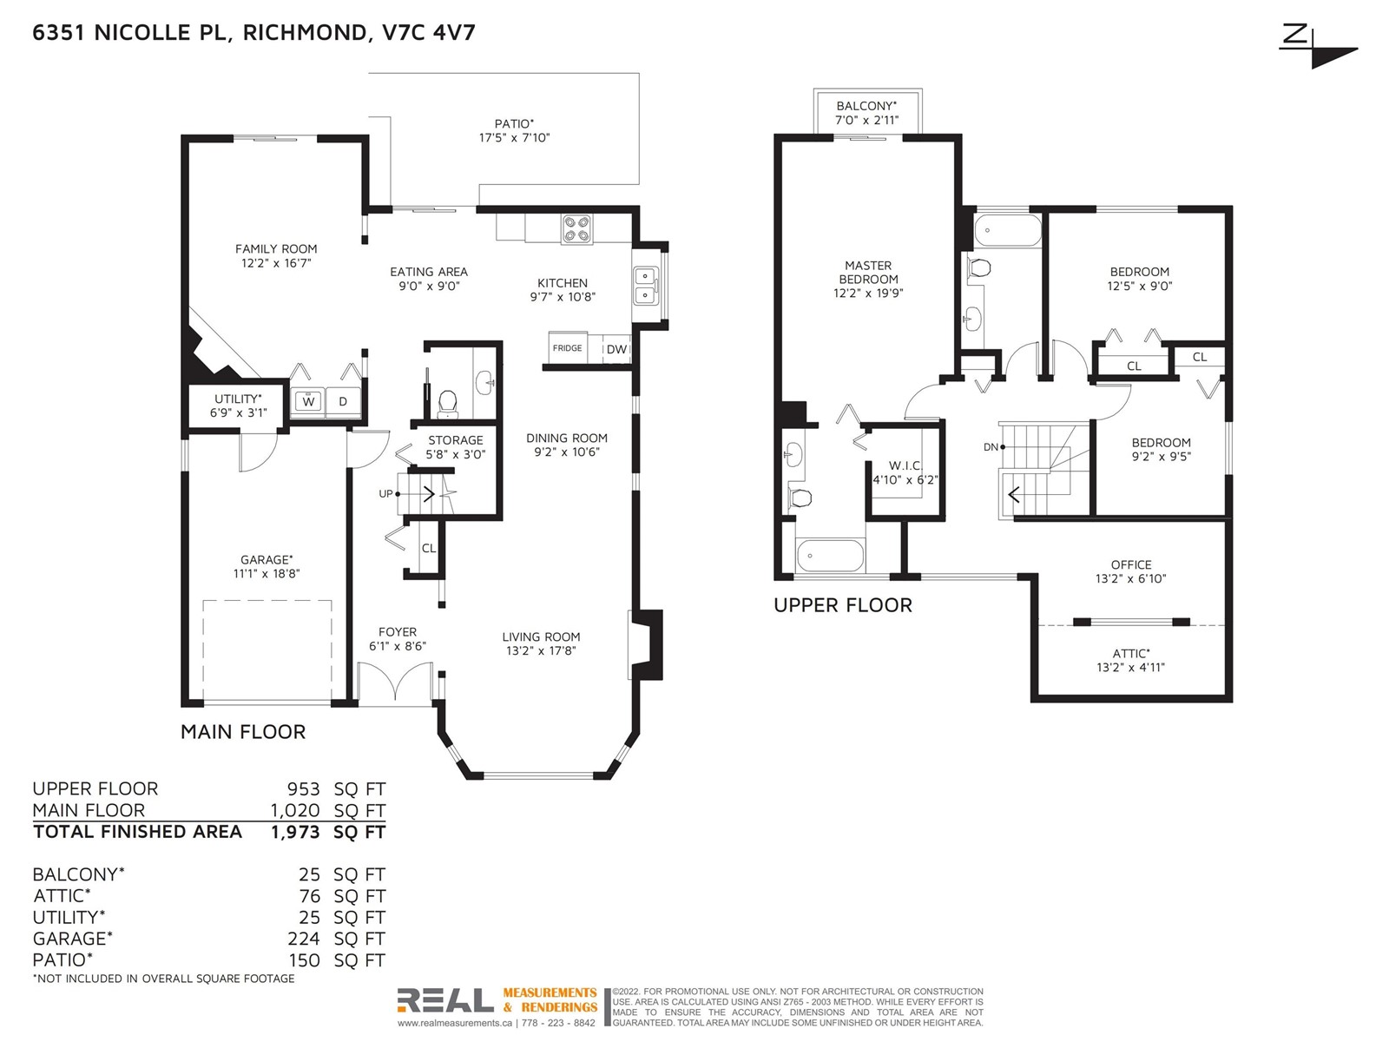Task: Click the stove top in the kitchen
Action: pos(576,229)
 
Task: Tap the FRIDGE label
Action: pos(567,348)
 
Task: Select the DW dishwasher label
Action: pos(616,349)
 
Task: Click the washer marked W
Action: pos(308,401)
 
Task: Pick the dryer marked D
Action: pos(343,401)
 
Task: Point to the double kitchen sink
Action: pos(646,286)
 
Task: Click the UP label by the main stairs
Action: pos(386,493)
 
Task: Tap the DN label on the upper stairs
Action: pos(991,446)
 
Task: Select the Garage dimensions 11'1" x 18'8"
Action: pos(266,574)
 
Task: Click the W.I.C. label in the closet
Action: pos(905,465)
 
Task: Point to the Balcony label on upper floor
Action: pos(866,106)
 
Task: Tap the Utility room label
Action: pos(237,399)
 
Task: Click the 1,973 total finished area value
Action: pos(295,832)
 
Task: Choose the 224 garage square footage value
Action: pos(303,939)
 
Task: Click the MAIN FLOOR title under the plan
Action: pos(243,732)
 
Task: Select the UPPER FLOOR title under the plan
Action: pos(843,605)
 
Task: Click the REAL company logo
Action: pos(444,1000)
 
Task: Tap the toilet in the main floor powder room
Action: pos(447,404)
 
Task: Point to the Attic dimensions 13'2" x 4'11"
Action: pos(1131,667)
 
